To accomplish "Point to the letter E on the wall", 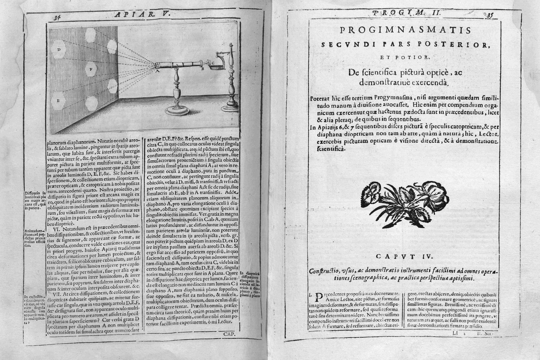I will tap(59, 101).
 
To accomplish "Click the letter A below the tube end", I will tap(157, 71).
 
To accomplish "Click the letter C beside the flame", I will tap(212, 63).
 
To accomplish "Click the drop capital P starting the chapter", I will tap(319, 299).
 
